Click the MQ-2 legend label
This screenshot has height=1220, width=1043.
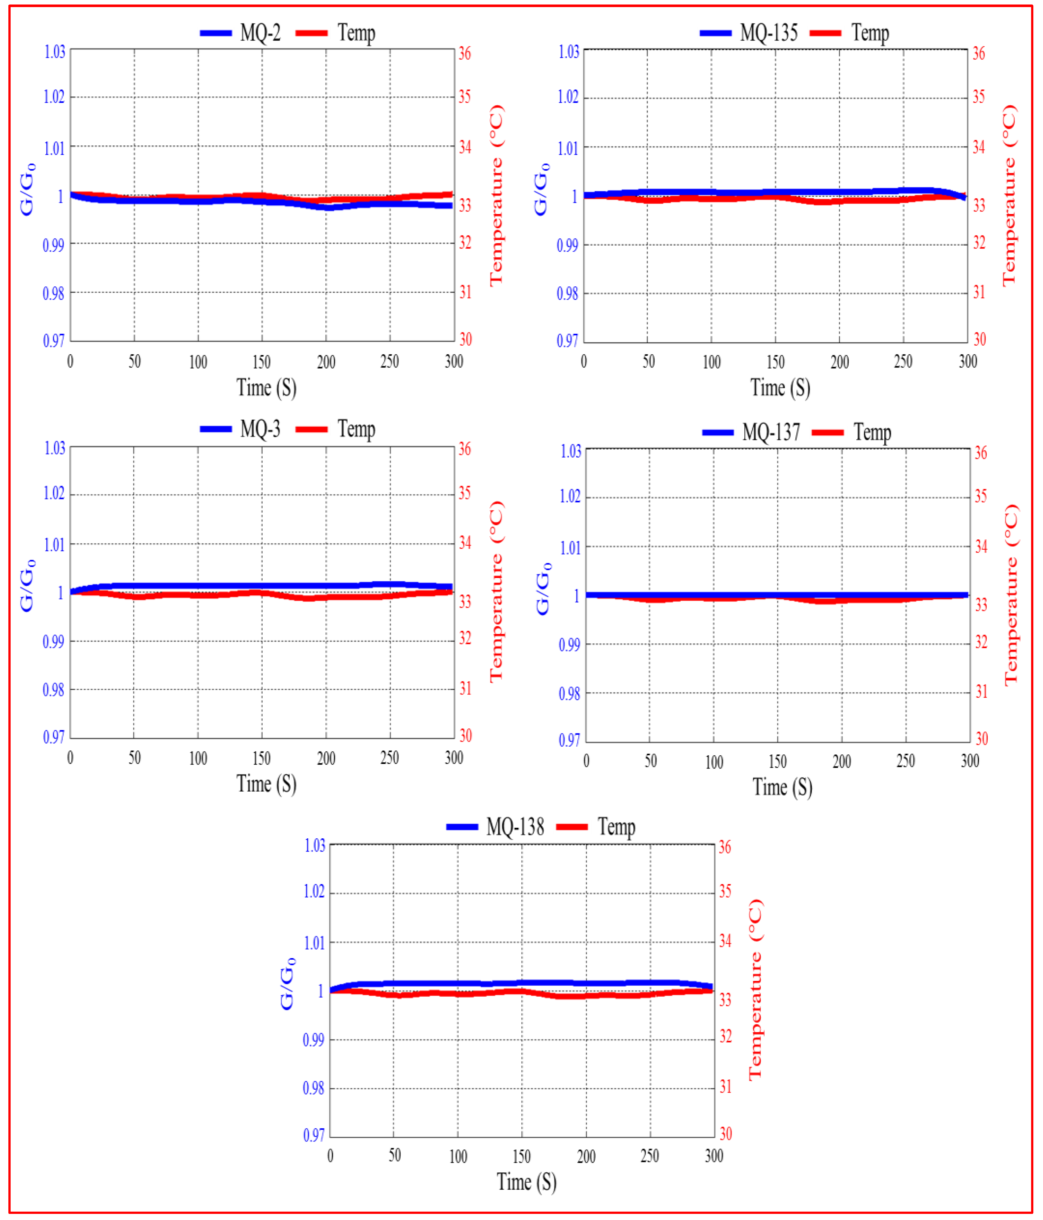point(260,33)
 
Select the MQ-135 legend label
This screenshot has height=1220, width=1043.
point(768,33)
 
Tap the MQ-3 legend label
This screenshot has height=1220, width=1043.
point(260,429)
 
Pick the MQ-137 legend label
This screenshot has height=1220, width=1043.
point(771,433)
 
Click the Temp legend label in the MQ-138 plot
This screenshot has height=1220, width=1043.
point(617,827)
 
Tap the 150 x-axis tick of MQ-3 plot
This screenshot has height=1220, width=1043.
point(262,759)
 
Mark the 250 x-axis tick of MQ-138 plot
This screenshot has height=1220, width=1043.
point(650,1156)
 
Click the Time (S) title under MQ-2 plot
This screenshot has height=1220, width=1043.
point(266,388)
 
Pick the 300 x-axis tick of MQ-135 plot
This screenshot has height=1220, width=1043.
point(968,361)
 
